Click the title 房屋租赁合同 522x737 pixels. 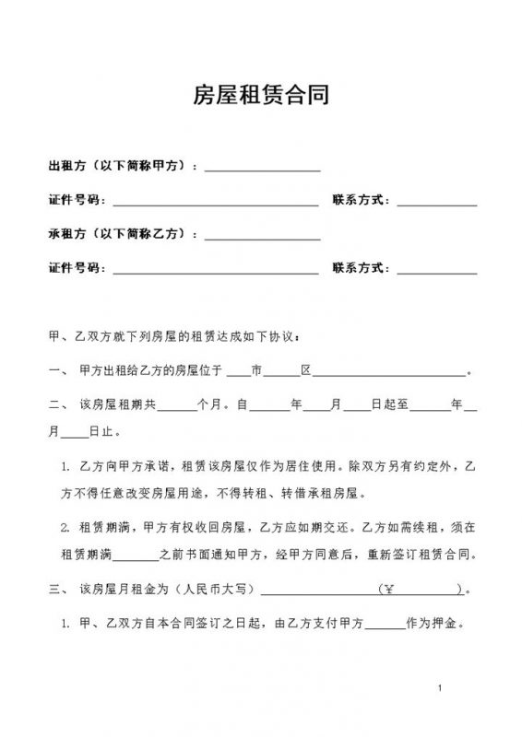coord(261,95)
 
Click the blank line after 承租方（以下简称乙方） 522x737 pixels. coord(262,237)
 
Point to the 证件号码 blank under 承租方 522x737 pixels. coord(215,271)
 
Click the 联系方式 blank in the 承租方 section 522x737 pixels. coord(436,271)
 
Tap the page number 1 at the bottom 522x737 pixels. coord(442,688)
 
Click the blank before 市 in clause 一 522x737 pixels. coord(238,373)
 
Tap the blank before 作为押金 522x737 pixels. coord(386,624)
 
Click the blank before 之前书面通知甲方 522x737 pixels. coord(139,557)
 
